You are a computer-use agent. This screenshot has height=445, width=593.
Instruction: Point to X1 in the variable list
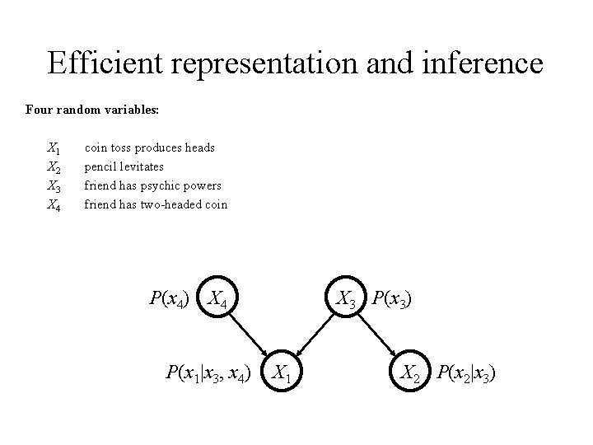click(x=54, y=148)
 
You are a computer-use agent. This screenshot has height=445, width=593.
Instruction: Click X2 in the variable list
click(x=54, y=167)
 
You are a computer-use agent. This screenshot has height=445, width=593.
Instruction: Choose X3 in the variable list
click(x=54, y=186)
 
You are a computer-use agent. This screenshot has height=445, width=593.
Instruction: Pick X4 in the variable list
click(x=54, y=204)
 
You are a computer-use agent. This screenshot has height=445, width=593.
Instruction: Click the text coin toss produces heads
click(x=150, y=148)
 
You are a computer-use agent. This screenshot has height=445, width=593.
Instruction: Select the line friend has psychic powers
click(x=153, y=185)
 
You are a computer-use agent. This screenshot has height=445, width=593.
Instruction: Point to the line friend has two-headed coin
click(x=156, y=204)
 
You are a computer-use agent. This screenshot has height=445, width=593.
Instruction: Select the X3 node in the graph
click(x=346, y=299)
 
